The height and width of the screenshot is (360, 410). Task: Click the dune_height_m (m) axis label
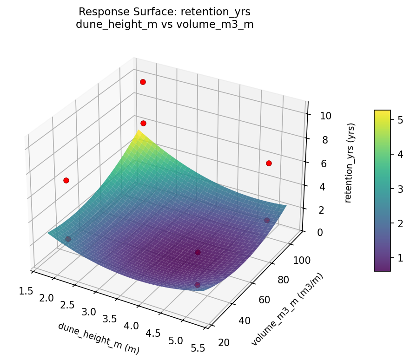(x=99, y=338)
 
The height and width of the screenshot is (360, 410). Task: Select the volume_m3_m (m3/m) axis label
(x=287, y=309)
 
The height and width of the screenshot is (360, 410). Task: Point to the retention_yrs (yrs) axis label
(x=352, y=163)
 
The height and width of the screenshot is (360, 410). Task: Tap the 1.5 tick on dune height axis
(x=26, y=291)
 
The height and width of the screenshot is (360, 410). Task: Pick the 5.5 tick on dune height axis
(x=198, y=349)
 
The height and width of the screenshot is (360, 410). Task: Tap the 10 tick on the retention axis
(x=325, y=116)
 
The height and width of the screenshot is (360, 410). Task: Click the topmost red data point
(x=143, y=82)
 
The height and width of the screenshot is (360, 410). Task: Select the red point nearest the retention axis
(x=269, y=163)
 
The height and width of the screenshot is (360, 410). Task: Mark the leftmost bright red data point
(x=66, y=180)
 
